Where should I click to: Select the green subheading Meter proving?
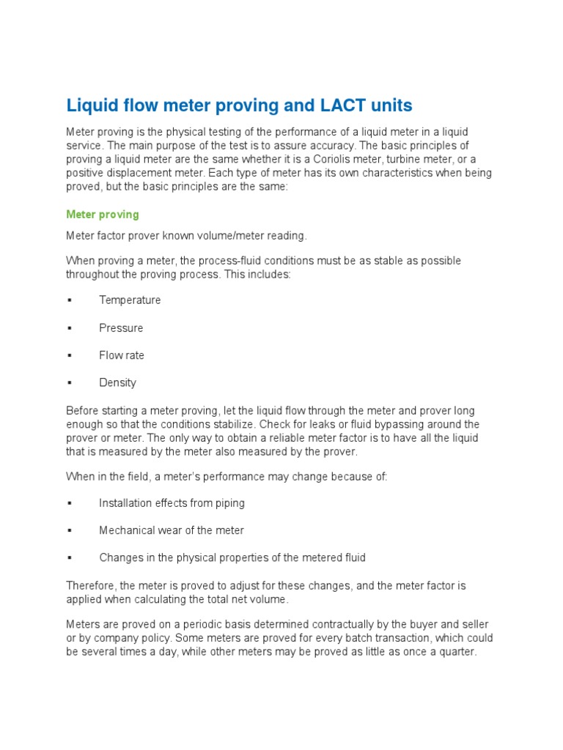[102, 215]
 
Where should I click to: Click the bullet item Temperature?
[130, 300]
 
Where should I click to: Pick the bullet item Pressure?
[121, 328]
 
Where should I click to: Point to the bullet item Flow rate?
[122, 355]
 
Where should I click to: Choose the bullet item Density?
[117, 382]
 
